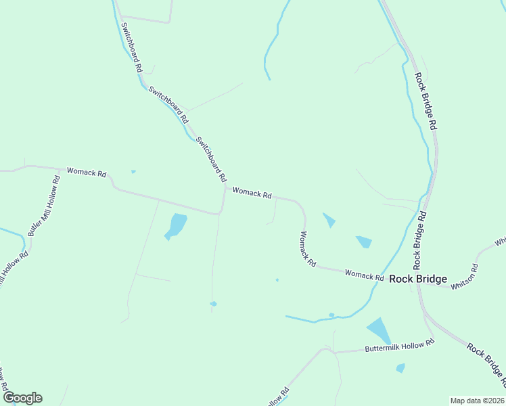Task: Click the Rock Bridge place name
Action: tap(417, 279)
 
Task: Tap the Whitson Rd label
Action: tap(465, 279)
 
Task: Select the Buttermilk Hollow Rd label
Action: tap(399, 346)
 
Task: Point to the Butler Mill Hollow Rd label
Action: tap(44, 205)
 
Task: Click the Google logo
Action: tap(22, 398)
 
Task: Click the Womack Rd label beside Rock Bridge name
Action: tap(364, 274)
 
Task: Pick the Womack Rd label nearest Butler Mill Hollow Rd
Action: tap(86, 172)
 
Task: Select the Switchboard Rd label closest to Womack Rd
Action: tap(210, 160)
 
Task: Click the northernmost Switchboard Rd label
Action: tap(131, 47)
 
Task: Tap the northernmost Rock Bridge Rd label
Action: tap(426, 101)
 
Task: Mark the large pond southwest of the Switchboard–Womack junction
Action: tap(176, 226)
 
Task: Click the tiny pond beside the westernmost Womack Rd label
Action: tap(133, 171)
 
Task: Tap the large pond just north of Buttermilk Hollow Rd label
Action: tap(379, 330)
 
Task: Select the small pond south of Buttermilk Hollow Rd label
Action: tap(400, 368)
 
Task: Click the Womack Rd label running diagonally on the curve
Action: tap(308, 248)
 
